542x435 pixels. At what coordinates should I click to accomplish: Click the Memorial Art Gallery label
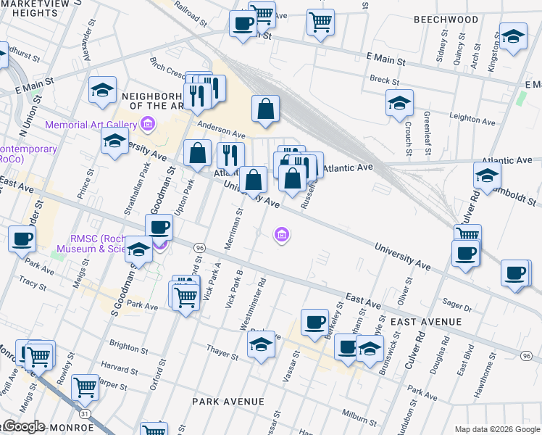(x=91, y=125)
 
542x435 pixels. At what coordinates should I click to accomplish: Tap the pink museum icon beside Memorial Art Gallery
(x=147, y=125)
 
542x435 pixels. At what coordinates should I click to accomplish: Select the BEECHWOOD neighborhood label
(x=446, y=20)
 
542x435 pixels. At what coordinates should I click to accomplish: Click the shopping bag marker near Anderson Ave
(x=266, y=109)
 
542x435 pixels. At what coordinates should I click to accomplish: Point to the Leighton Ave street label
(x=472, y=116)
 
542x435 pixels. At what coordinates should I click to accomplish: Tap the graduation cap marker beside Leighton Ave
(x=399, y=104)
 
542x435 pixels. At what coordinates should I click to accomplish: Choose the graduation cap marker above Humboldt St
(x=487, y=175)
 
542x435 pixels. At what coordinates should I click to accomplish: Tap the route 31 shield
(x=86, y=413)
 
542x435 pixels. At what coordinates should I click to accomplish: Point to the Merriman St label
(x=234, y=229)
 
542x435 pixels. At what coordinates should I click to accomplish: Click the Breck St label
(x=380, y=80)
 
